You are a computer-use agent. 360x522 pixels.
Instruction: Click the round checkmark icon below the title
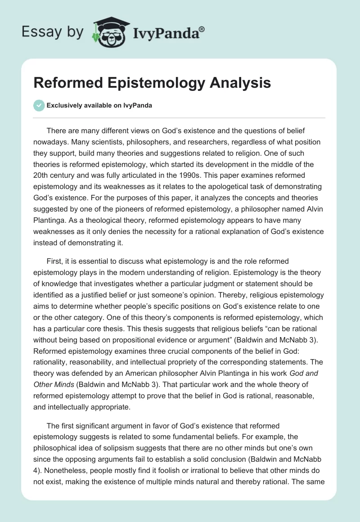[39, 105]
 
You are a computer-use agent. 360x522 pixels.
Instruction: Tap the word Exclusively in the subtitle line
[64, 105]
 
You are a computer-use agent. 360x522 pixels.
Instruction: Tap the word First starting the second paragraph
[55, 261]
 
